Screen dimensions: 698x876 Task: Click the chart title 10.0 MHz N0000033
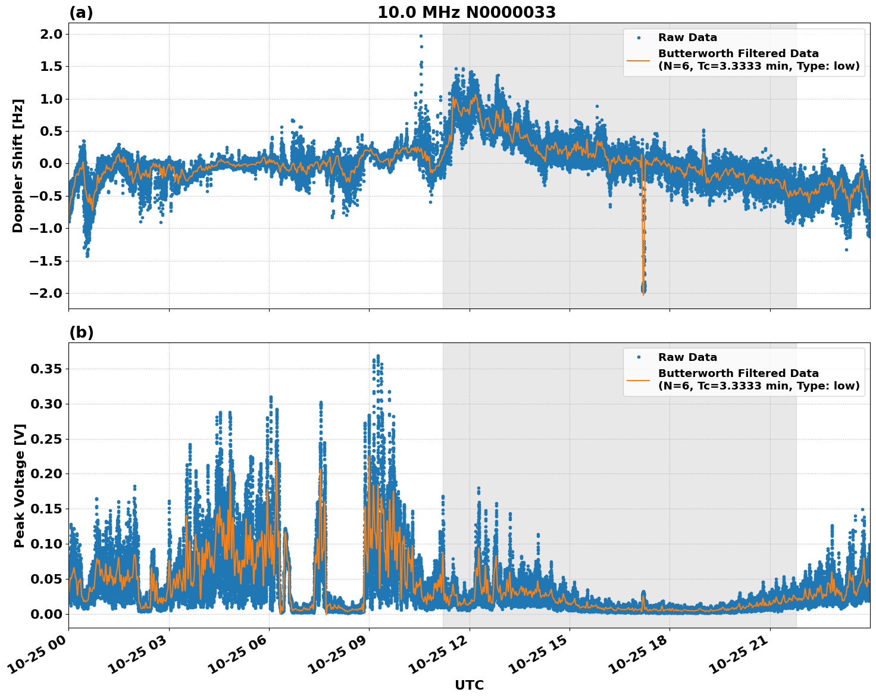[x=466, y=13]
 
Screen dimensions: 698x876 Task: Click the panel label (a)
[x=81, y=13]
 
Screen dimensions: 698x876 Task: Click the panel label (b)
[x=81, y=332]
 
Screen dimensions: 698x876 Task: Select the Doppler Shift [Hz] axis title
[x=18, y=166]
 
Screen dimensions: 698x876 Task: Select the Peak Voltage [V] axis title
[x=20, y=485]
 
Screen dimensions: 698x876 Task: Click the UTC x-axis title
[x=469, y=685]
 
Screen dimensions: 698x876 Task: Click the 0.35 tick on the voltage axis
[x=46, y=369]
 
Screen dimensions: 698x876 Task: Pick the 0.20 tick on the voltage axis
[x=46, y=474]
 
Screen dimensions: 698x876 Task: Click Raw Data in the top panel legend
[x=687, y=38]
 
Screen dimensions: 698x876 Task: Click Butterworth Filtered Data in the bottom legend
[x=738, y=373]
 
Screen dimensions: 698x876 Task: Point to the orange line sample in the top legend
[x=638, y=60]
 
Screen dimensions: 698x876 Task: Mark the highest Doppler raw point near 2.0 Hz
[x=421, y=36]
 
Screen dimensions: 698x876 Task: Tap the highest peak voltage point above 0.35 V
[x=378, y=356]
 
